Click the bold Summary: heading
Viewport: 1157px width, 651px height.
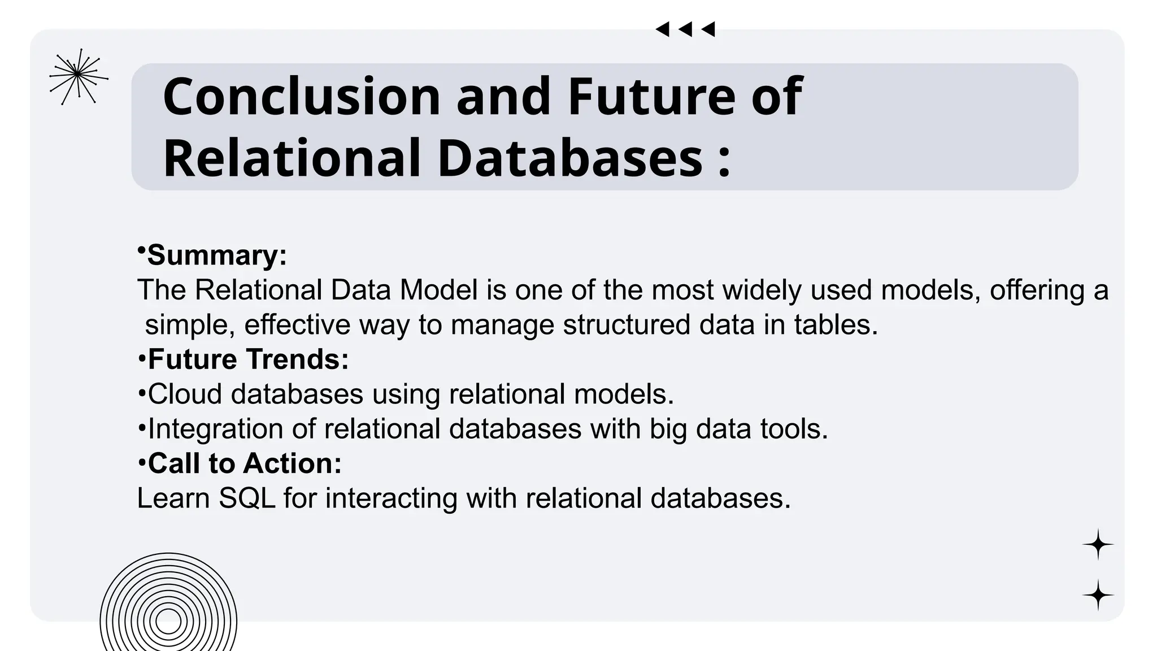(x=217, y=255)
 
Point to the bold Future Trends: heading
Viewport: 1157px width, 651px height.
(x=248, y=359)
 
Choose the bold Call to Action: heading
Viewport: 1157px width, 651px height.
(x=245, y=463)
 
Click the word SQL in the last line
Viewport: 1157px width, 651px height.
(x=247, y=498)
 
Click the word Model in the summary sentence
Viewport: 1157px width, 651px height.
(x=438, y=290)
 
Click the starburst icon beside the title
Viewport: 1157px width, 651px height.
(x=78, y=76)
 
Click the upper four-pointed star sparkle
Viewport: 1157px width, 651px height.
(x=1098, y=545)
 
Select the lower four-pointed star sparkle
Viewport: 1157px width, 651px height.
(x=1098, y=595)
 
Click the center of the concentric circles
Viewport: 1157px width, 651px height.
(x=168, y=621)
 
